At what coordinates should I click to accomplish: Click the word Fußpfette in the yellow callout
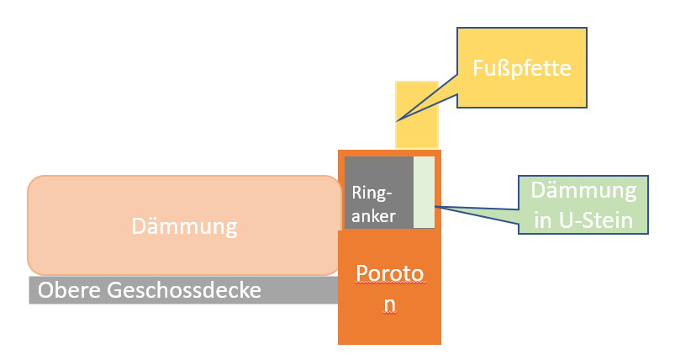tap(521, 67)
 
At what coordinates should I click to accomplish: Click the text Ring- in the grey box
tap(369, 192)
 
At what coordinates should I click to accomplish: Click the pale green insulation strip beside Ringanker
tap(424, 191)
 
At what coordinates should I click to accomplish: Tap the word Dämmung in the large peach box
tap(185, 225)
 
